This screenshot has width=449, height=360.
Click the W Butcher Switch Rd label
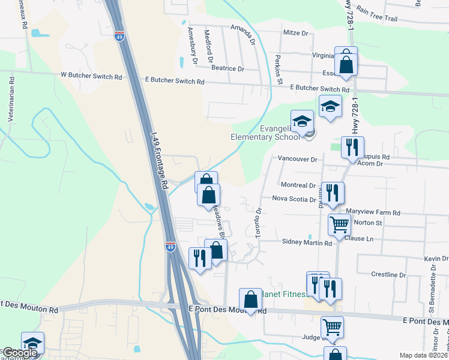pyautogui.click(x=91, y=77)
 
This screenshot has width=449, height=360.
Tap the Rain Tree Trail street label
pyautogui.click(x=377, y=14)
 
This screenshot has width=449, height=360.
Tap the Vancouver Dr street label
pyautogui.click(x=297, y=159)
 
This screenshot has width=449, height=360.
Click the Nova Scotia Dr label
pyautogui.click(x=294, y=199)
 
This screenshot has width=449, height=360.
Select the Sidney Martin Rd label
pyautogui.click(x=307, y=243)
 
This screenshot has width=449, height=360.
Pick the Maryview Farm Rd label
pyautogui.click(x=373, y=213)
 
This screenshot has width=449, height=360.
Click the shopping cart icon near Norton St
pyautogui.click(x=339, y=224)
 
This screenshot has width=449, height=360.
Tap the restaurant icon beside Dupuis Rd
pyautogui.click(x=352, y=146)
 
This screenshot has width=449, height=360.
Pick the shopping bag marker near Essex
pyautogui.click(x=346, y=64)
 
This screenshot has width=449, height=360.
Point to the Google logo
pyautogui.click(x=19, y=353)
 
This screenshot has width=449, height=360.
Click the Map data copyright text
pyautogui.click(x=423, y=355)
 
